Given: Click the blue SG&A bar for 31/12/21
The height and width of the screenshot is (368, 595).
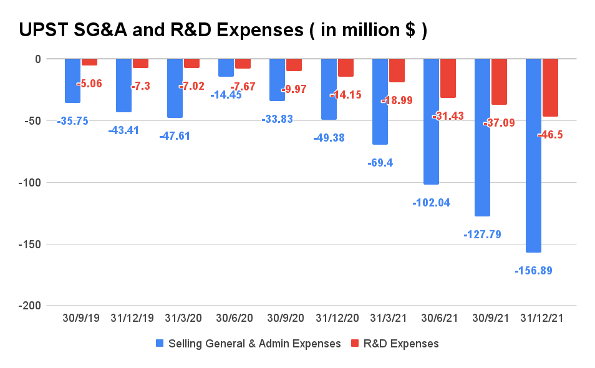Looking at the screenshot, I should [x=533, y=155].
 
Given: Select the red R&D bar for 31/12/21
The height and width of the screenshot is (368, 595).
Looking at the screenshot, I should [x=550, y=87].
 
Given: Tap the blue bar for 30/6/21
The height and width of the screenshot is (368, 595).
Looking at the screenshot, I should [x=431, y=122].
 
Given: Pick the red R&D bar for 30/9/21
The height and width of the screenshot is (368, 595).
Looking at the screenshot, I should [x=499, y=82].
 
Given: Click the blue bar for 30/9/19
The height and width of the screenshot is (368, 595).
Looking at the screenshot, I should [x=73, y=80].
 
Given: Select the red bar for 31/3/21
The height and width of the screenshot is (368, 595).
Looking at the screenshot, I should [x=397, y=70].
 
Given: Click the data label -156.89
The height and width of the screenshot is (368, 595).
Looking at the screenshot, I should [x=533, y=271].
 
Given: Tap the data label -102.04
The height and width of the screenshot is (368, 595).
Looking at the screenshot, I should [x=431, y=203].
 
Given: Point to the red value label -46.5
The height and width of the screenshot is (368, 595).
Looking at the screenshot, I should [x=549, y=134].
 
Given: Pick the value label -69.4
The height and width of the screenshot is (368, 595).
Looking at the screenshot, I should [x=380, y=163].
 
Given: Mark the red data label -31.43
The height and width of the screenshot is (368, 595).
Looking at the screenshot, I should [x=448, y=115].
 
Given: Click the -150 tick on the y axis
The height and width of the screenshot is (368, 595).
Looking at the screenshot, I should [x=29, y=244].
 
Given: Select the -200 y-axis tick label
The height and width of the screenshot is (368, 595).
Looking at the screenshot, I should [x=29, y=306].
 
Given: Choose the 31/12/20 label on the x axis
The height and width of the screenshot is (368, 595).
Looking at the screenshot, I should [x=337, y=318].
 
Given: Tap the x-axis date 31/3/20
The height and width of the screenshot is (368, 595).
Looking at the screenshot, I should [x=183, y=318].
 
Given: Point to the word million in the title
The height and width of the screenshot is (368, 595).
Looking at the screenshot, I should [x=357, y=30].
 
